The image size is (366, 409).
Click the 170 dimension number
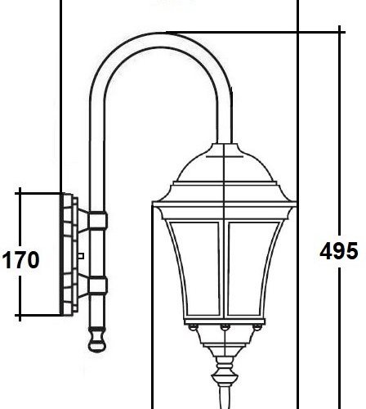pos(20,261)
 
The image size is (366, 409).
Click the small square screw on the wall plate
pos(80,256)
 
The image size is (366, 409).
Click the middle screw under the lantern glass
pos(223,328)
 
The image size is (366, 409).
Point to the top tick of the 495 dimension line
pos(337,31)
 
